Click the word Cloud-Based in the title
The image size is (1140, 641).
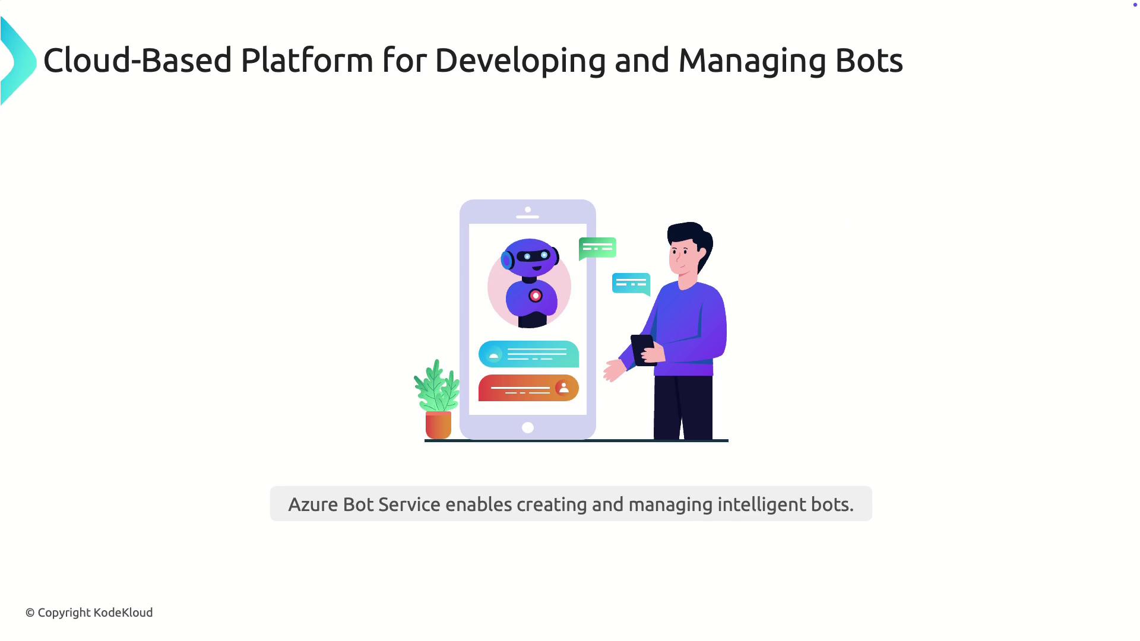[137, 61]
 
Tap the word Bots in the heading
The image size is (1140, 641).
[869, 61]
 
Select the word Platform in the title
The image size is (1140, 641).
[307, 61]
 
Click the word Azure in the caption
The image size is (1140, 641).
[313, 504]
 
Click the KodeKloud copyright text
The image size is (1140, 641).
[89, 613]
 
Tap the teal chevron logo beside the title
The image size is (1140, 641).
[18, 61]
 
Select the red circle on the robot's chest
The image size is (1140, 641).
[536, 296]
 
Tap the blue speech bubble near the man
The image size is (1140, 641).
[631, 284]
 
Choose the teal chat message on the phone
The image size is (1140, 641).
[528, 354]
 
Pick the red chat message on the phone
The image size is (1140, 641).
[528, 388]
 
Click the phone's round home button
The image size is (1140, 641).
[528, 427]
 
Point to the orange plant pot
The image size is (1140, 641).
[438, 425]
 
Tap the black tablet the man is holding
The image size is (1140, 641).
[644, 350]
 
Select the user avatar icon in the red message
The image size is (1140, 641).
[563, 388]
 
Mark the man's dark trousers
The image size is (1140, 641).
[683, 408]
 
